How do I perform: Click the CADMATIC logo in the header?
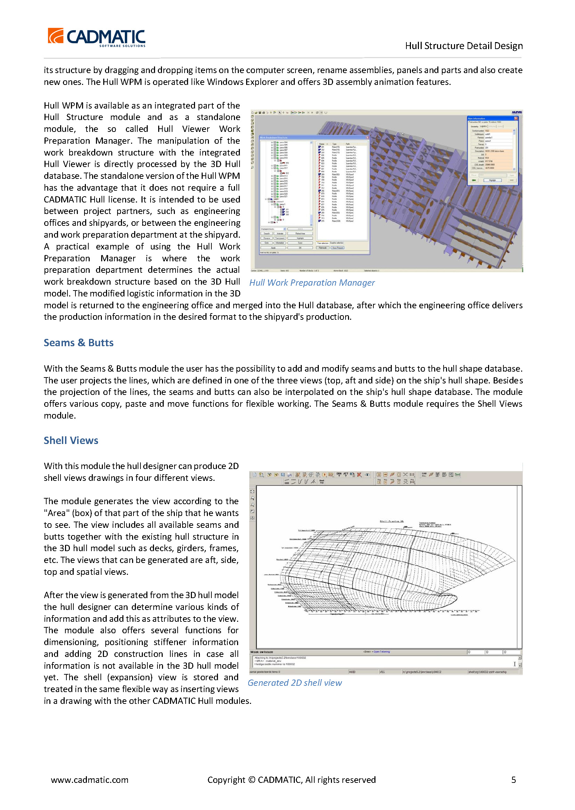point(96,37)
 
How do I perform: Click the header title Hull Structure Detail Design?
point(463,46)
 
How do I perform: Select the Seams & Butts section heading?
point(79,343)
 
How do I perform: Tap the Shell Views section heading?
point(71,440)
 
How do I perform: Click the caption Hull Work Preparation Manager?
point(311,283)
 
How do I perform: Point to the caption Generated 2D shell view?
point(294,682)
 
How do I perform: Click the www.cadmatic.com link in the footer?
point(90,779)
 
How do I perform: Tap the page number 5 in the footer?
point(513,779)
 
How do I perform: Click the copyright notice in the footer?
point(291,779)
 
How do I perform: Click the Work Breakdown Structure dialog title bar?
point(311,137)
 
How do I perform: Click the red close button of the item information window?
point(516,118)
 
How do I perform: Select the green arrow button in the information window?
point(474,180)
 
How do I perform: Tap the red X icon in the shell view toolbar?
point(359,475)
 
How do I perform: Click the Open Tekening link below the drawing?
point(381,652)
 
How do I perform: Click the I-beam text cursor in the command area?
point(515,664)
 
